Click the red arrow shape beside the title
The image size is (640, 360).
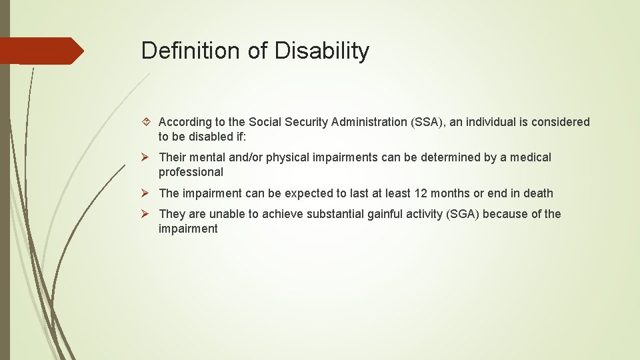(42, 51)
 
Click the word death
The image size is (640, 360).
(537, 193)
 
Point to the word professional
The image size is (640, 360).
(191, 172)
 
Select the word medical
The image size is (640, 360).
(531, 157)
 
